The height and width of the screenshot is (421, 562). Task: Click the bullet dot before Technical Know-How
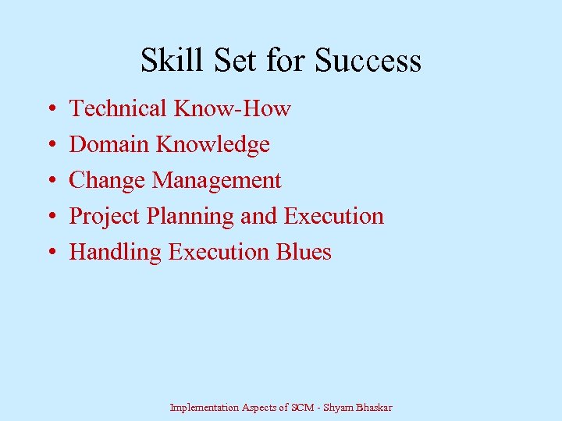pos(50,109)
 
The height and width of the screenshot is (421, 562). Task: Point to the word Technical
pos(119,108)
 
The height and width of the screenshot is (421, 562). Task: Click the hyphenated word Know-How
pos(233,108)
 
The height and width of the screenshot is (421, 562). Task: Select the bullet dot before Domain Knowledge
pos(50,145)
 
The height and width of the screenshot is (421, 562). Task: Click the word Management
pos(216,180)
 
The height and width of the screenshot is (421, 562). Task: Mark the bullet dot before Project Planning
pos(50,217)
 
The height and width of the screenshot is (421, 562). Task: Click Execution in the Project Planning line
pos(334,216)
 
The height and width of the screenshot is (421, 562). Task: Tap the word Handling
pos(116,253)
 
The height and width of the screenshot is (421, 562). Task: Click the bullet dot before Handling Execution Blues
pos(50,253)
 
